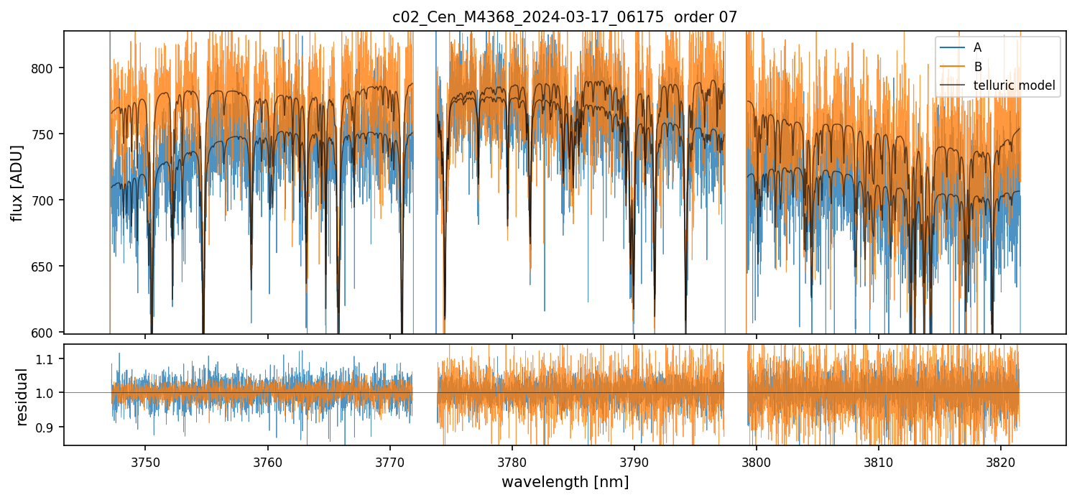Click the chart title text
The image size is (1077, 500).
[565, 17]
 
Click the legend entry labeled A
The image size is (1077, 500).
[977, 47]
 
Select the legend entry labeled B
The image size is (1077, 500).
[977, 67]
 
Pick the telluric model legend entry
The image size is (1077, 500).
[1014, 85]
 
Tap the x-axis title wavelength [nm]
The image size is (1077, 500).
[565, 482]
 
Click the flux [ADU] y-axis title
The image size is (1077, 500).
[17, 182]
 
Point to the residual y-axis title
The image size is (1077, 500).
[22, 397]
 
